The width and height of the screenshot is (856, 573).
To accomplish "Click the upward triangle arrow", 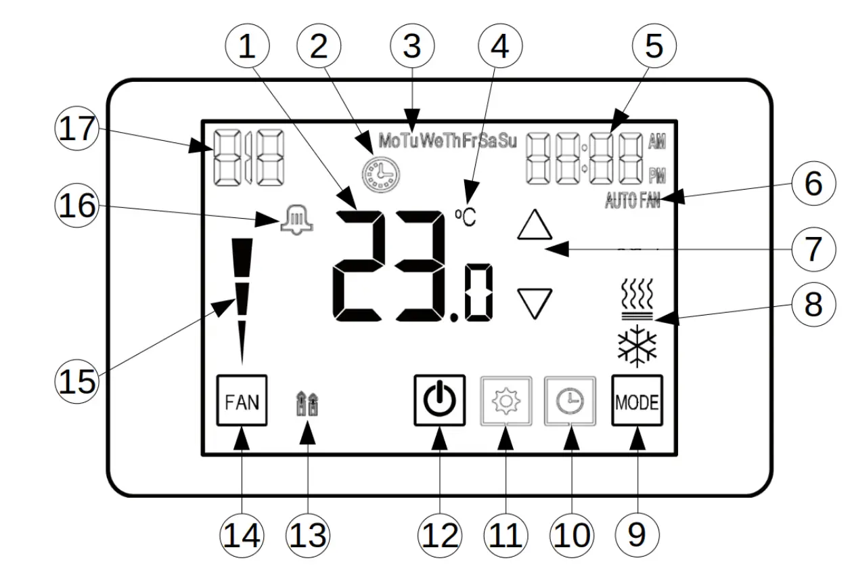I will [535, 225].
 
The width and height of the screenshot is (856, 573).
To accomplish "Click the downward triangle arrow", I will [535, 303].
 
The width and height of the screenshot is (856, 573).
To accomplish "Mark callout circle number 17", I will [76, 129].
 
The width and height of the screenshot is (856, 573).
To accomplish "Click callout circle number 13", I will [307, 535].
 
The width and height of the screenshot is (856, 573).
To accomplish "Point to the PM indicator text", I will [656, 176].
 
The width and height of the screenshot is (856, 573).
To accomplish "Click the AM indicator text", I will [656, 142].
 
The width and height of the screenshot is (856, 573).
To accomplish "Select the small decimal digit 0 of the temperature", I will [478, 293].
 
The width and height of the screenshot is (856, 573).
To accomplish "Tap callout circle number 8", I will [812, 305].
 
